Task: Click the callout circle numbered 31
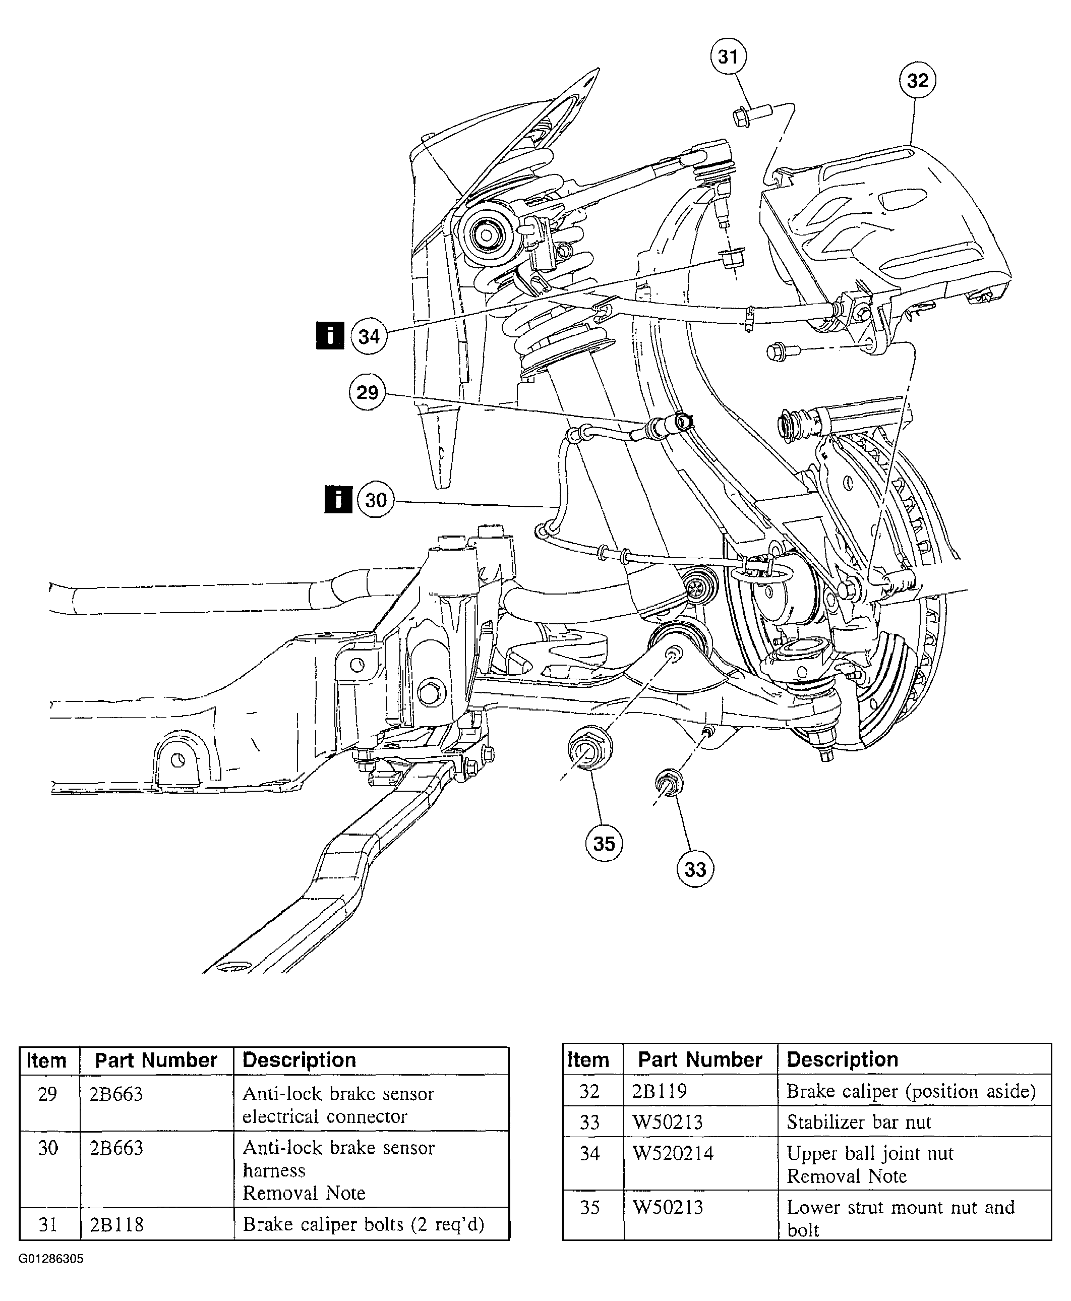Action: tap(728, 57)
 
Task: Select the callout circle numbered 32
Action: tap(917, 81)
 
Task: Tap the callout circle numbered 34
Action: tap(369, 337)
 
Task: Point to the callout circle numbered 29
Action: tap(368, 392)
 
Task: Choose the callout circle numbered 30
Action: tap(376, 500)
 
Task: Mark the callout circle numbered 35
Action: tap(604, 843)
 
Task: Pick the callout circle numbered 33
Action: tap(695, 869)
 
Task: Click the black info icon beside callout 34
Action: tap(330, 335)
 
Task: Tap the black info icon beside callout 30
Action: tap(338, 499)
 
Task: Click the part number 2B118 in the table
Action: tap(116, 1224)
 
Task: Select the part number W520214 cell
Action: tap(673, 1153)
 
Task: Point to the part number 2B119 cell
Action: tap(660, 1091)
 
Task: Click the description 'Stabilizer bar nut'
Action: tap(859, 1122)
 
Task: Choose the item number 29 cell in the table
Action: tap(47, 1094)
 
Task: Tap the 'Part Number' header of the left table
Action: tap(156, 1060)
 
